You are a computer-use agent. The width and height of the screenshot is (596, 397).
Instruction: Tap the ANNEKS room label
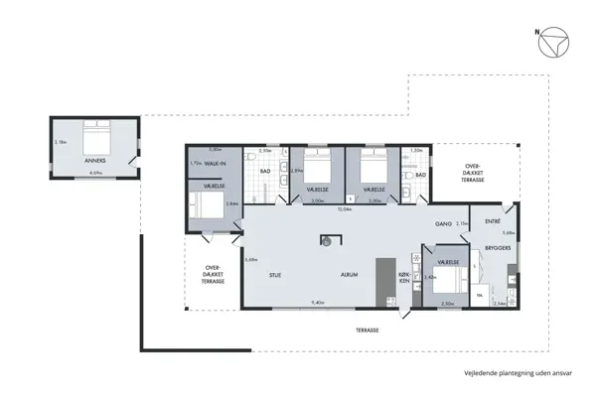94,160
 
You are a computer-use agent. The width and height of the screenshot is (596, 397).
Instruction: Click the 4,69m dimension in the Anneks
95,173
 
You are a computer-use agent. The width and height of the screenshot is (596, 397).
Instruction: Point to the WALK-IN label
215,163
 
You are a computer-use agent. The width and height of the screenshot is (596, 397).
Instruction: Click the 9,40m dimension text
319,302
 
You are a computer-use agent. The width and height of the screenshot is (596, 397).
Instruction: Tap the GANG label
443,224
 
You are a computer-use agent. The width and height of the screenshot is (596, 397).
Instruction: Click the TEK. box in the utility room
481,295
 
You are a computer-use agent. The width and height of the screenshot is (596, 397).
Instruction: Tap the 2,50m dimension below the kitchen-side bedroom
448,303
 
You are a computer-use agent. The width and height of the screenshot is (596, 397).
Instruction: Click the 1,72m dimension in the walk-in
196,163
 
